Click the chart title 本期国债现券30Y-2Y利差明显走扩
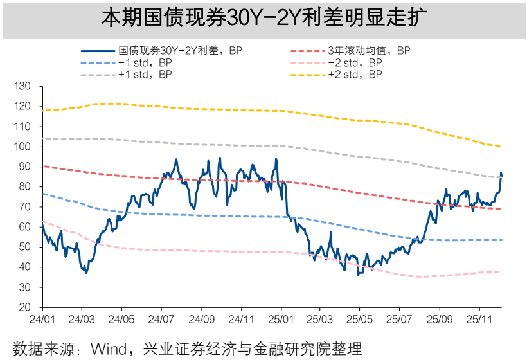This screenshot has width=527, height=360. [263, 17]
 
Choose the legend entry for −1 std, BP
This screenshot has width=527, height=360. [145, 62]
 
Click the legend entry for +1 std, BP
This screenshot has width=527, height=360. [145, 75]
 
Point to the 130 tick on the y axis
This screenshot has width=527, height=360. [22, 86]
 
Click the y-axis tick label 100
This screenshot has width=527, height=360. [22, 147]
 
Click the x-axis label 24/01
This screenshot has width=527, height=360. [42, 319]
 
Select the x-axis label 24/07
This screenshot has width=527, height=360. [161, 319]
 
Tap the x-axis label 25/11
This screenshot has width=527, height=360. [479, 319]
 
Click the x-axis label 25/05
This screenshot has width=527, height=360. [360, 319]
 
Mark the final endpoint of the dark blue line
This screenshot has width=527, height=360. [502, 175]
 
